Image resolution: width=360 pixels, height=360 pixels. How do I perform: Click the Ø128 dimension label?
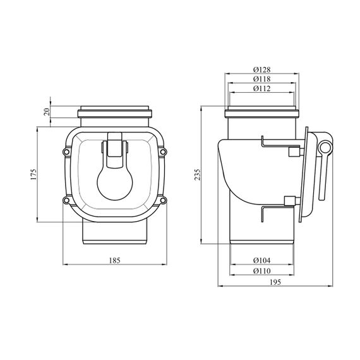[262, 69]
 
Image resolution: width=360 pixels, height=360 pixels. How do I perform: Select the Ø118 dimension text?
[262, 79]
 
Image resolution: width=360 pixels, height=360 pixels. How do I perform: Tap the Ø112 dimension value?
[262, 88]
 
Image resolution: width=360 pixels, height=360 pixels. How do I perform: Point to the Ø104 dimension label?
[262, 260]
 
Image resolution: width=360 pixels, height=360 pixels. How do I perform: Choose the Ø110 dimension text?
[262, 271]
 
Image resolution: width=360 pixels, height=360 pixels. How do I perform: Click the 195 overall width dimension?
[275, 282]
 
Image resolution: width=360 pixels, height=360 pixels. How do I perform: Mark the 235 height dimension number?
[198, 174]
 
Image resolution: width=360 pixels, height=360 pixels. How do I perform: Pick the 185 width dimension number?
[114, 260]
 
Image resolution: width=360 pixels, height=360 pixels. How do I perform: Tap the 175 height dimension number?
[33, 174]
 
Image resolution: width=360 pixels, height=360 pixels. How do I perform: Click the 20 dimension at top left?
[47, 112]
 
